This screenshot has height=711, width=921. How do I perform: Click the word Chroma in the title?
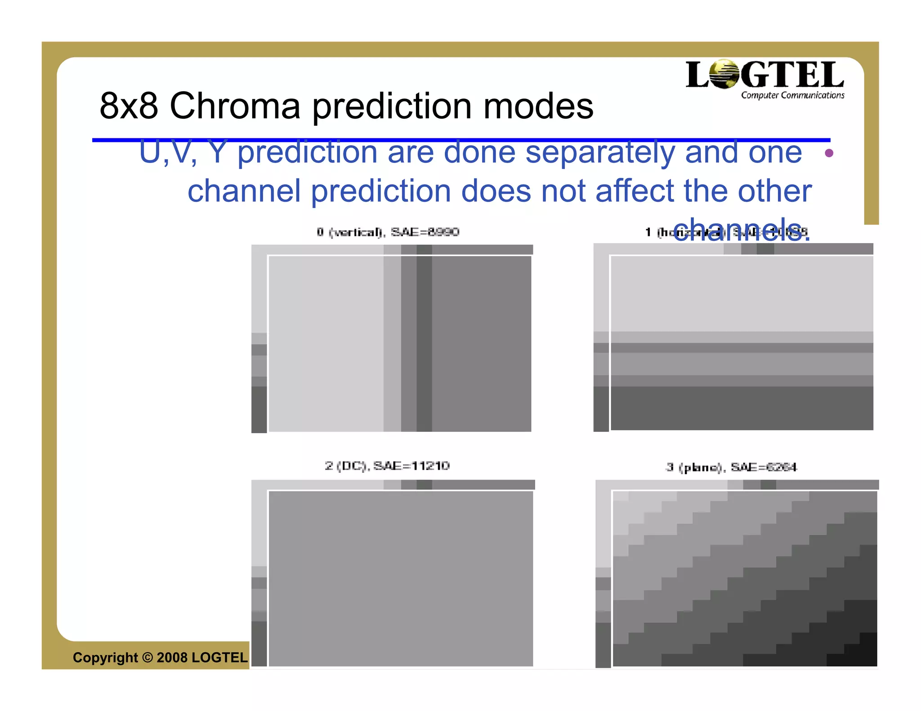pos(235,106)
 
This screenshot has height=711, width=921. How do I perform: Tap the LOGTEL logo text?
pos(765,75)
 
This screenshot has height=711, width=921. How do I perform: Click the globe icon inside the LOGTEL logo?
pos(724,74)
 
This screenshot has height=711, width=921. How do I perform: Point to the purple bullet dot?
pos(829,153)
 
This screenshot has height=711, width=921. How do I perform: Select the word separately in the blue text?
pos(600,153)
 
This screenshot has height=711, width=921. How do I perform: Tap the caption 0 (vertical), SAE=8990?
pos(388,232)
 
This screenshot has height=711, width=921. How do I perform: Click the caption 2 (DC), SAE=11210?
pos(387,466)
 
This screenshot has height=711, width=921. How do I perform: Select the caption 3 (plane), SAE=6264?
pos(731,468)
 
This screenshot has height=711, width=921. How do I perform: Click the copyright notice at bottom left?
pos(160,658)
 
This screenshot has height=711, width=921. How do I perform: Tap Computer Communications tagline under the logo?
pos(792,95)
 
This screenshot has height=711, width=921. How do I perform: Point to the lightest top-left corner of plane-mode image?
pos(621,497)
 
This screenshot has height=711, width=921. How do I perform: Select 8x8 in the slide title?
pos(129,106)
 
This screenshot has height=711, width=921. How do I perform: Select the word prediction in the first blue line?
pos(307,153)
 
